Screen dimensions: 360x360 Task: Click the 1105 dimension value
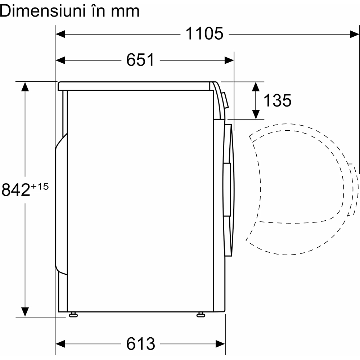point(204,34)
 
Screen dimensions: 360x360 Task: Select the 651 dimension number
point(140,60)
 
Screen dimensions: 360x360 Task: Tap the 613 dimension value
point(140,344)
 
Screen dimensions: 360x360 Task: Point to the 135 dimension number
point(277,100)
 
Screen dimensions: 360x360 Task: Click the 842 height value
point(15,190)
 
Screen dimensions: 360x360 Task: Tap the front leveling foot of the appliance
point(201,314)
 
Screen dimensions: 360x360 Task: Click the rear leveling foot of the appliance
point(73,314)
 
